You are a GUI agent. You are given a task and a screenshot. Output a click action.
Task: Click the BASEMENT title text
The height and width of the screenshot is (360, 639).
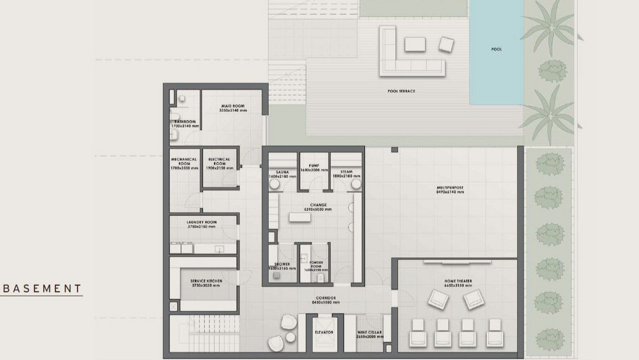point(40,289)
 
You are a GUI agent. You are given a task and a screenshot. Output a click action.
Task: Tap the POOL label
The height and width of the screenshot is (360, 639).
point(497,50)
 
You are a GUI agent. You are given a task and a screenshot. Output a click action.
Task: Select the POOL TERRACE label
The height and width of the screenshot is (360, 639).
point(401,91)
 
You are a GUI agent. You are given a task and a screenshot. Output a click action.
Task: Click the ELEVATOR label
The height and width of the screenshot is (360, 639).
point(323,332)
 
